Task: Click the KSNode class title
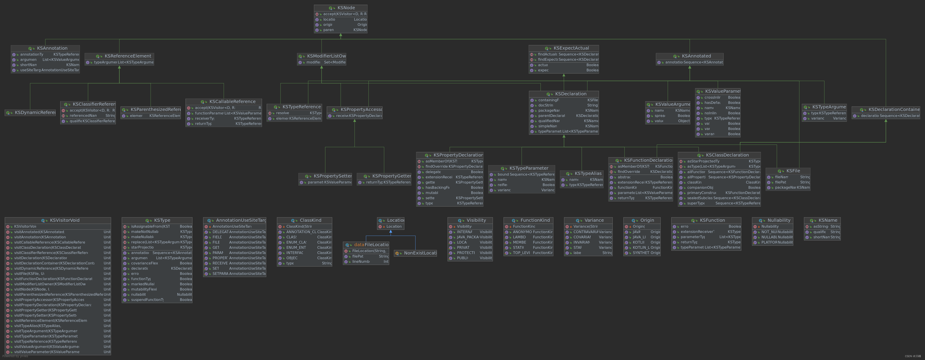pos(346,8)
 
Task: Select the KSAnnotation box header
pos(52,48)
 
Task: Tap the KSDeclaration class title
pos(570,94)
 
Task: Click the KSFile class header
pos(793,171)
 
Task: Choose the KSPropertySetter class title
pos(332,176)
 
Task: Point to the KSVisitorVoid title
pos(64,220)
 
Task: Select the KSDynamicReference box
pos(34,112)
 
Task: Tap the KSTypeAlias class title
pos(588,173)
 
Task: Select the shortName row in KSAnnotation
pos(46,65)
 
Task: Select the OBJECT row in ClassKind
pos(304,258)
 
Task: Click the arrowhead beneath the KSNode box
pos(341,35)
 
